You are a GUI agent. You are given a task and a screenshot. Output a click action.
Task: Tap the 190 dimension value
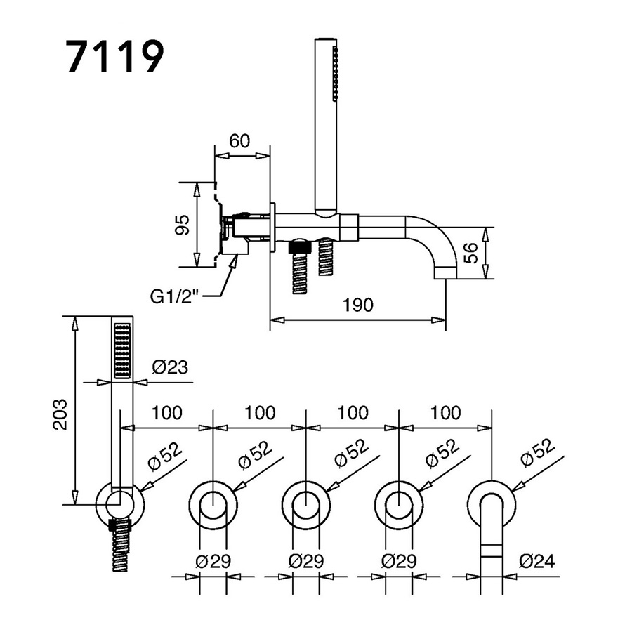[357, 305]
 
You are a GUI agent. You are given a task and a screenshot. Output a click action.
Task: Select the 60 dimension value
[240, 140]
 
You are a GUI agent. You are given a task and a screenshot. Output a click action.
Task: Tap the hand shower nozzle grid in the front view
[121, 350]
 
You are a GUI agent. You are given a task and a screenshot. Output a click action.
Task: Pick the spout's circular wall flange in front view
[492, 503]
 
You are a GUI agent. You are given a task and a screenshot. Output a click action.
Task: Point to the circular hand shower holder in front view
[120, 504]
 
